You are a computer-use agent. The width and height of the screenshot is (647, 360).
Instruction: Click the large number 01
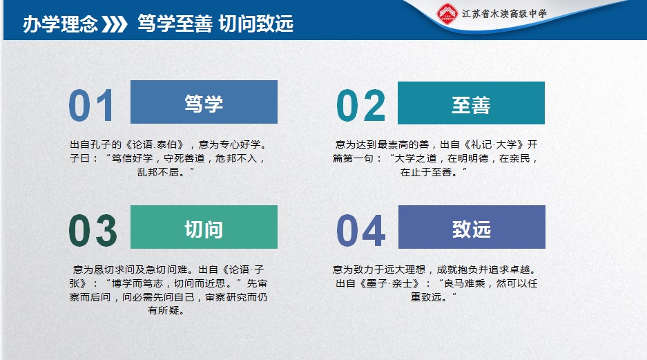pos(91,105)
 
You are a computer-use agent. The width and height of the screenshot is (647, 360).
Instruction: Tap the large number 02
pos(360,105)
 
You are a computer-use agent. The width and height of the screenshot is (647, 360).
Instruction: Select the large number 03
pos(93,230)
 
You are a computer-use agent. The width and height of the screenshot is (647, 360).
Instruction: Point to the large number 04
pos(361,230)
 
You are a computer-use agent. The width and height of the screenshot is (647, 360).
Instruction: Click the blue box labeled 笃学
pos(204,102)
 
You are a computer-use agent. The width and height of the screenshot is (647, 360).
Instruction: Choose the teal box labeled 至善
pos(471,103)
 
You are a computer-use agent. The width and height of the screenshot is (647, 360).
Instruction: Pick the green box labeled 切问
pos(204,227)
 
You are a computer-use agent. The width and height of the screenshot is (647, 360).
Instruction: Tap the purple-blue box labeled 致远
pos(472,227)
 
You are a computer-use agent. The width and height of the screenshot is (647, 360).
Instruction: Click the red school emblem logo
pos(447,14)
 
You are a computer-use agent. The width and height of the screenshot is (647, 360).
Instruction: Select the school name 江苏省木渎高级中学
pos(504,14)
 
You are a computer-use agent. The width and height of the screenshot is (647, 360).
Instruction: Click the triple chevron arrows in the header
pos(115,24)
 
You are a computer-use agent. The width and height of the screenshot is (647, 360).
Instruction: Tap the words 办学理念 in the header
pos(60,24)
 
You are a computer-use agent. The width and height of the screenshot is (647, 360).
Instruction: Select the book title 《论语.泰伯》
pos(155,144)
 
